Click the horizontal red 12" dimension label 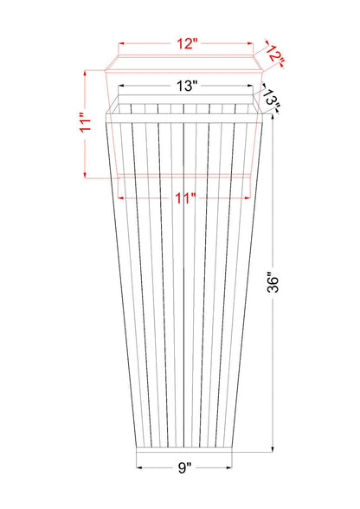click(187, 43)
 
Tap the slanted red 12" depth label click(276, 55)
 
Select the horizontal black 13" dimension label click(187, 86)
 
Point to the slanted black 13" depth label click(272, 98)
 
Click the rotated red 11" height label click(86, 122)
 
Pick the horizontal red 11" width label click(185, 197)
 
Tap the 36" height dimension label click(273, 282)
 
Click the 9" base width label click(184, 467)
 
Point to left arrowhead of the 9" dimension click(139, 467)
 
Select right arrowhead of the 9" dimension click(229, 467)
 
